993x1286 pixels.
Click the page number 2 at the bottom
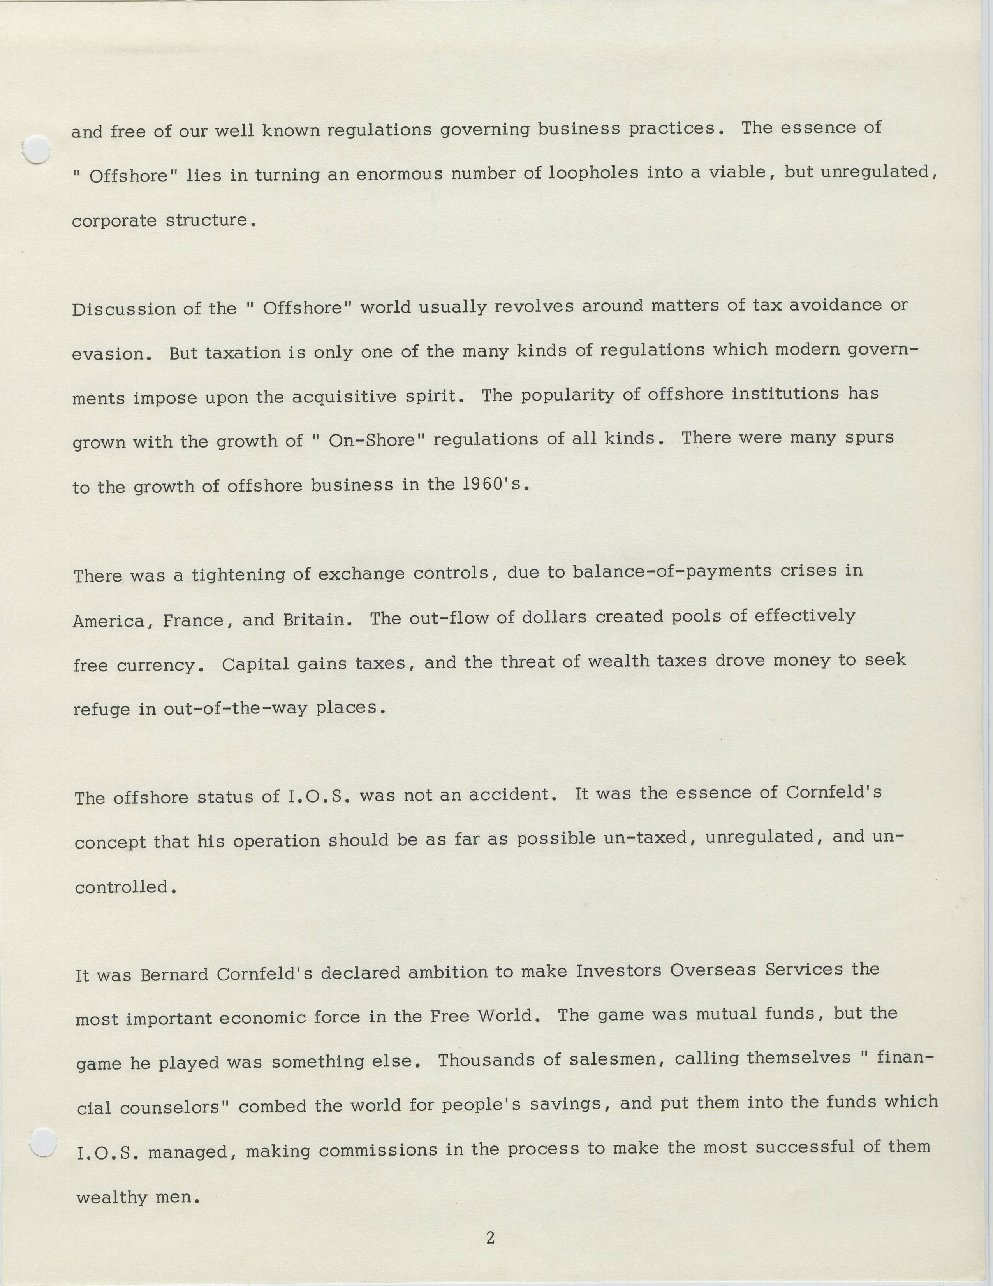(x=490, y=1238)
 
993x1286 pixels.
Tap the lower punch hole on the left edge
(x=42, y=1143)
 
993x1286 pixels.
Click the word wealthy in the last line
(x=112, y=1197)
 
